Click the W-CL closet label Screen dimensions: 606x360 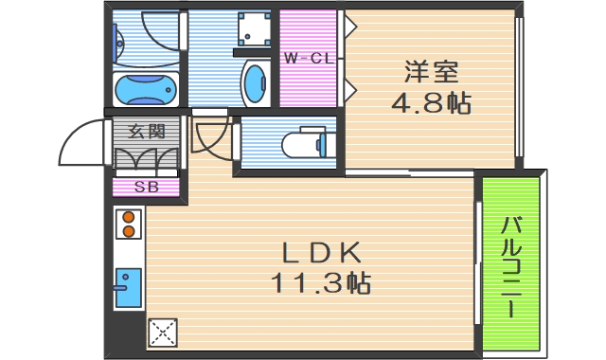tap(308, 59)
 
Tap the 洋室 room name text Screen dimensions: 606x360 tap(432, 71)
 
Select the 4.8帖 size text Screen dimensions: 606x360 tap(432, 101)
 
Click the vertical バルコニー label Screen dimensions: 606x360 tap(511, 266)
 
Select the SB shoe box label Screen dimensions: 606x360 tap(146, 187)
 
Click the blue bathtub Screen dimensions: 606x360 tap(145, 90)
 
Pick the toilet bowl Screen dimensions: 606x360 tap(308, 144)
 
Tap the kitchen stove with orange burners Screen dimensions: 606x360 tap(128, 225)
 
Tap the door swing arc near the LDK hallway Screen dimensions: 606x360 tap(210, 138)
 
